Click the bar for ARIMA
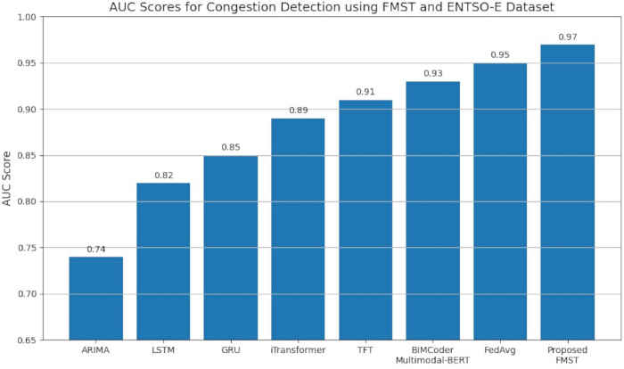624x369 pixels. coord(96,299)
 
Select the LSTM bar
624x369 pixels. coord(163,261)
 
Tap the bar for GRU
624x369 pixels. coord(231,248)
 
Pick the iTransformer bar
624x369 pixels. coord(298,229)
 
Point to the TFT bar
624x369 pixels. coord(365,220)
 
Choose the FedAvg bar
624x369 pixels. coord(500,201)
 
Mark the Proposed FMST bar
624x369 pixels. coord(568,193)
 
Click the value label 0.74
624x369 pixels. coord(96,250)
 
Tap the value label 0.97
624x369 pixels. coord(568,37)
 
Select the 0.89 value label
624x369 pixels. coord(298,111)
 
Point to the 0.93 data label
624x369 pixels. coord(433,73)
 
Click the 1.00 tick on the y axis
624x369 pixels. coord(27,18)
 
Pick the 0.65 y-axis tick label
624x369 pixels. coord(27,340)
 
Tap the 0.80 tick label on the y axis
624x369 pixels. coord(27,201)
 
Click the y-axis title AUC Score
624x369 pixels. coord(6,179)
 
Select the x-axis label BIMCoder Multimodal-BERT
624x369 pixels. coord(432,355)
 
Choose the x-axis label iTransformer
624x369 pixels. coord(298,350)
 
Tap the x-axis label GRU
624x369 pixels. coord(231,350)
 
